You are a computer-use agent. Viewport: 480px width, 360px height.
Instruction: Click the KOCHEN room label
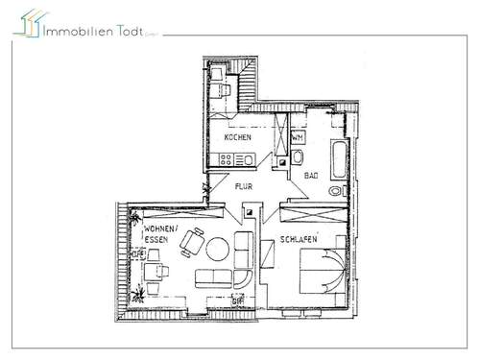pyautogui.click(x=238, y=137)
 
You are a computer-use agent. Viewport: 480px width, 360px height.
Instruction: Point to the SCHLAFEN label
pyautogui.click(x=299, y=239)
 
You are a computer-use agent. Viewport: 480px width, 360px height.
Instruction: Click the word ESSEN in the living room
pyautogui.click(x=156, y=242)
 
